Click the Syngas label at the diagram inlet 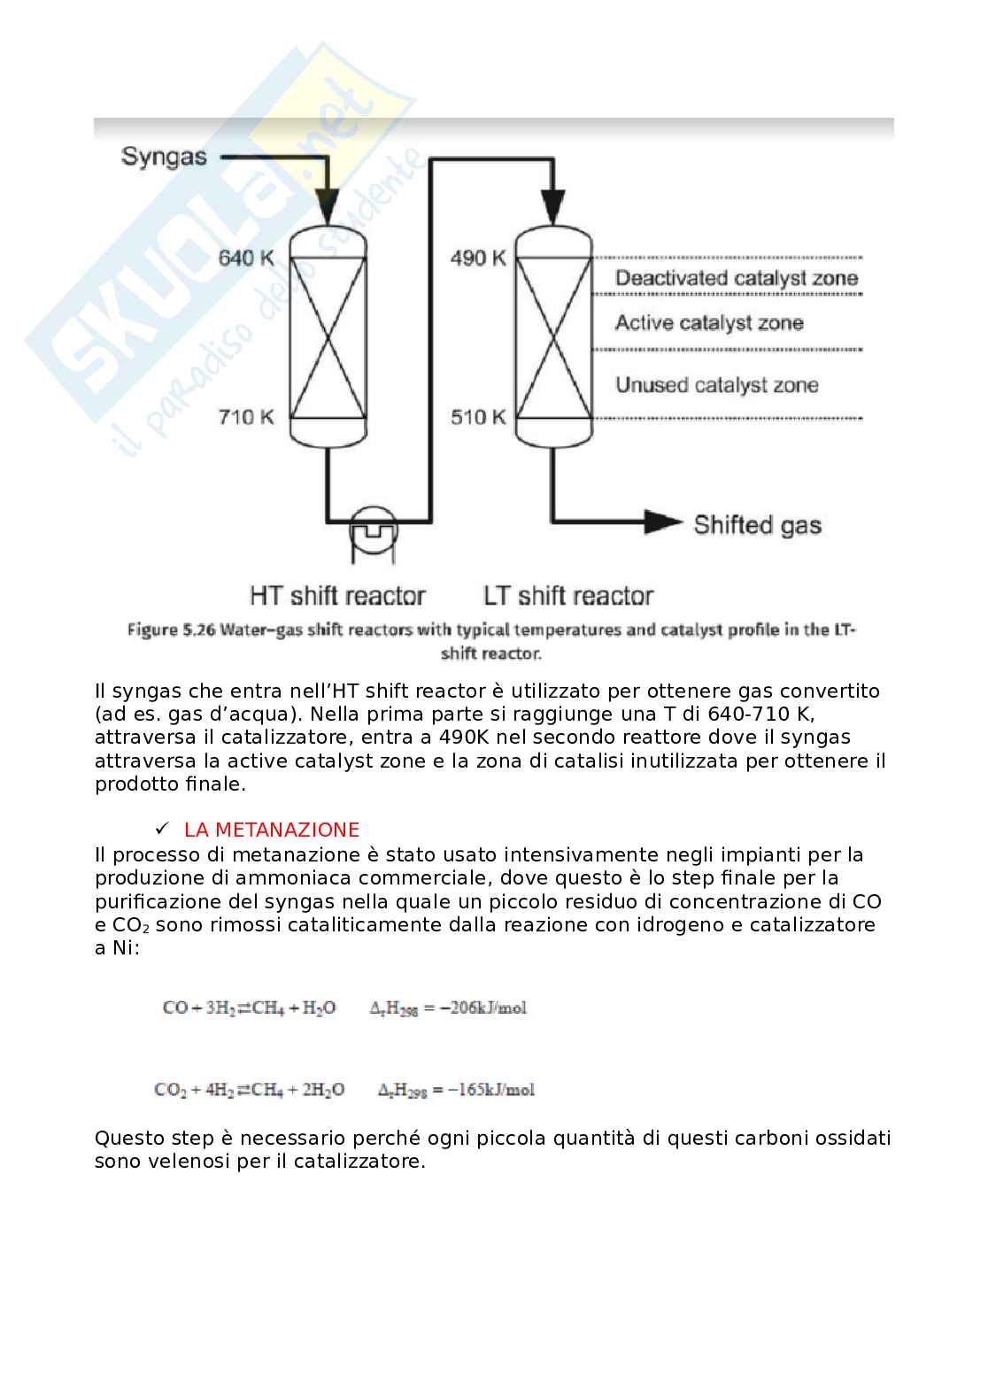pos(164,158)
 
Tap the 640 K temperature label pos(246,258)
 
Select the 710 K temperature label pos(246,416)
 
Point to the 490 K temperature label pos(478,258)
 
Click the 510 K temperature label pos(478,416)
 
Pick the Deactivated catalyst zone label pos(737,278)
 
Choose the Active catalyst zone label pos(709,322)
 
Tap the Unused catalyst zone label pos(716,384)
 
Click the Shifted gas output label pos(757,525)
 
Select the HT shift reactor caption pos(337,595)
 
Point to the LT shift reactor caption pos(568,595)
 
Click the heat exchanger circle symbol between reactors pos(374,506)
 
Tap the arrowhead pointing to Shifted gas pos(663,521)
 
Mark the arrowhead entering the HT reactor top pos(328,206)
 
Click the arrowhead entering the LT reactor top pos(553,206)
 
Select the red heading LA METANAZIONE pos(272,830)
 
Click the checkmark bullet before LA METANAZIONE pos(162,828)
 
